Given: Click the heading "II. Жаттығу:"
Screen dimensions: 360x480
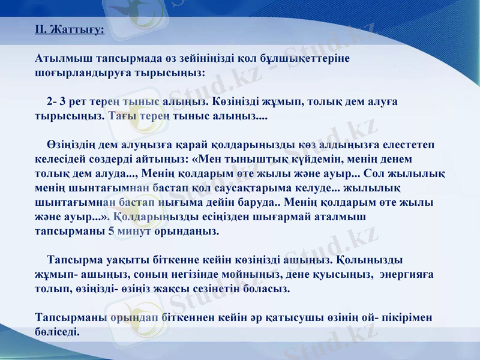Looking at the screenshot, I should click(x=70, y=29).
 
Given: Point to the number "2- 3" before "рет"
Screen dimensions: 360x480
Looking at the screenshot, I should click(x=56, y=101).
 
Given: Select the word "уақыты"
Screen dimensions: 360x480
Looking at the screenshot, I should click(x=131, y=260).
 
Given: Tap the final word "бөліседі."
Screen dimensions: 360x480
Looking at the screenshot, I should click(x=58, y=331).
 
